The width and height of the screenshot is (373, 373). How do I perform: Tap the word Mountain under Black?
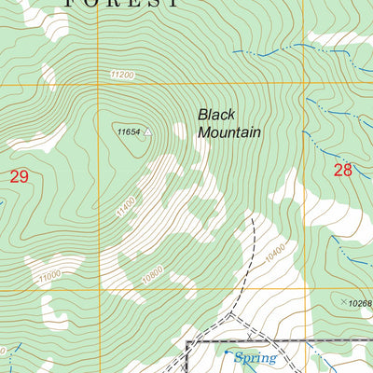pyautogui.click(x=228, y=133)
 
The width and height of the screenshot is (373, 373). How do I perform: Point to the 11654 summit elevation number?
pyautogui.click(x=129, y=132)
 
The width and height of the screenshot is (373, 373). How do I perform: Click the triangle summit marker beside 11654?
pyautogui.click(x=147, y=132)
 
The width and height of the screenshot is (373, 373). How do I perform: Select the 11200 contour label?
pyautogui.click(x=121, y=75)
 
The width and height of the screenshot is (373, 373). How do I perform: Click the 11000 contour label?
pyautogui.click(x=49, y=274)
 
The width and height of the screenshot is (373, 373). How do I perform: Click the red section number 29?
pyautogui.click(x=19, y=175)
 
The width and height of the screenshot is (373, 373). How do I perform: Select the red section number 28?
pyautogui.click(x=343, y=169)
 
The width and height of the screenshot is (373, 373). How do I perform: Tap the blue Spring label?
pyautogui.click(x=251, y=357)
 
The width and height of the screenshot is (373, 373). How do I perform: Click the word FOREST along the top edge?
pyautogui.click(x=121, y=4)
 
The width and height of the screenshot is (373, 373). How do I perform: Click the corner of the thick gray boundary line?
pyautogui.click(x=189, y=342)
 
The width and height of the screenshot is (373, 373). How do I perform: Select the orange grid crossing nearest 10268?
pyautogui.click(x=303, y=288)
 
